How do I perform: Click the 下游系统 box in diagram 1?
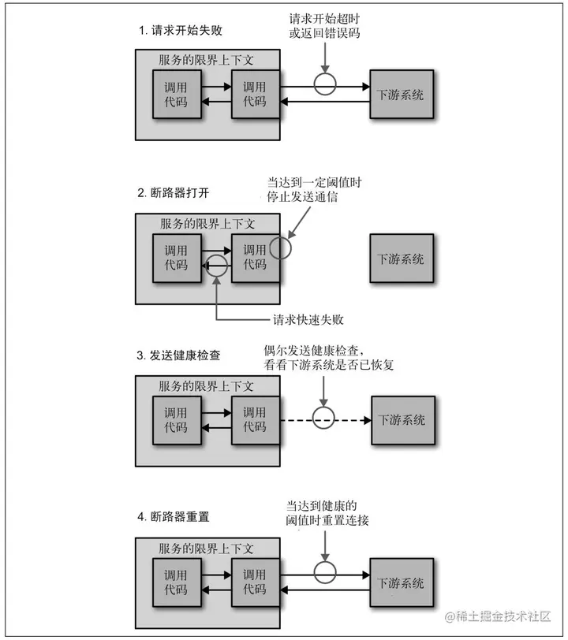tap(402, 95)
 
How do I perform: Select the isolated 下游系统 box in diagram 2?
tap(402, 258)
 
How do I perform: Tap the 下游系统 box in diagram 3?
tap(402, 420)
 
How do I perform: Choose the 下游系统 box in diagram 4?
tap(402, 583)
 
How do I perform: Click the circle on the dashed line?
tap(323, 420)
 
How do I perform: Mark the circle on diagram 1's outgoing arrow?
tap(323, 83)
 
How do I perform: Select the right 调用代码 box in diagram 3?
tap(255, 420)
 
